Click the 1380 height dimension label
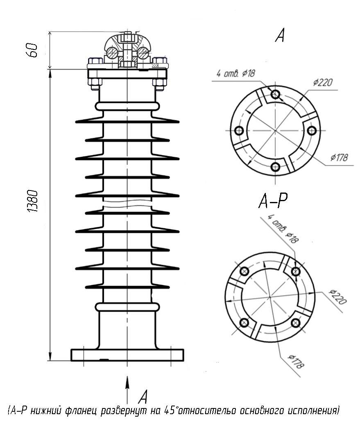[33, 201]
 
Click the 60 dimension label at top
[32, 50]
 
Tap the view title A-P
[273, 201]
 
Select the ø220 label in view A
[323, 82]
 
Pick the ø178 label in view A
[339, 157]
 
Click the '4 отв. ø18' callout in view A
[235, 73]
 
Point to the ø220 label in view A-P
[337, 297]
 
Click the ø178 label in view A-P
[296, 361]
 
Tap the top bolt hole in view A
[275, 94]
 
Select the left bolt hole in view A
[239, 131]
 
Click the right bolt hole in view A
[312, 131]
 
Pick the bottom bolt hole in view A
[275, 167]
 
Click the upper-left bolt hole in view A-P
[244, 271]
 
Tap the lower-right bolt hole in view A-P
[296, 322]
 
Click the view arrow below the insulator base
[127, 390]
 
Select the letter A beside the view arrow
[143, 397]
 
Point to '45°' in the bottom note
[171, 410]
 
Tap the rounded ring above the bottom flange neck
[127, 307]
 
